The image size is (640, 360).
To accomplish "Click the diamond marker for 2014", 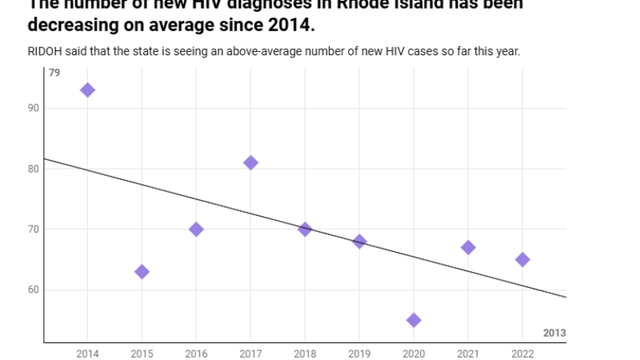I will pos(87,90).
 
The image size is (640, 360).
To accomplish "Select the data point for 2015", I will pos(142,271).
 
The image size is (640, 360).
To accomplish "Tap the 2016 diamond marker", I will pos(196,230).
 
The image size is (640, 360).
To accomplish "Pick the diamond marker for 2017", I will pos(250,162).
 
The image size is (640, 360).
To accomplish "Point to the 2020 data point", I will pos(414,320).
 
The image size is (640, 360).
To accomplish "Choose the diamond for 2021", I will pos(468,247).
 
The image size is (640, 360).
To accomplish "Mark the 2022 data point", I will pos(522,259).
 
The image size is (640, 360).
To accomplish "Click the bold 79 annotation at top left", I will pos(54,74).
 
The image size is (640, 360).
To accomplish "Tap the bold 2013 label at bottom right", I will pos(554,332).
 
